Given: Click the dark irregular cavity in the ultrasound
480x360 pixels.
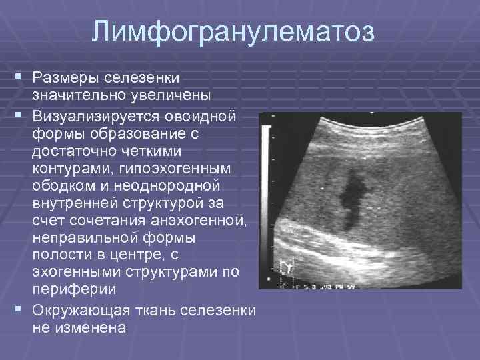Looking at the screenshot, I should (x=351, y=197).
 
